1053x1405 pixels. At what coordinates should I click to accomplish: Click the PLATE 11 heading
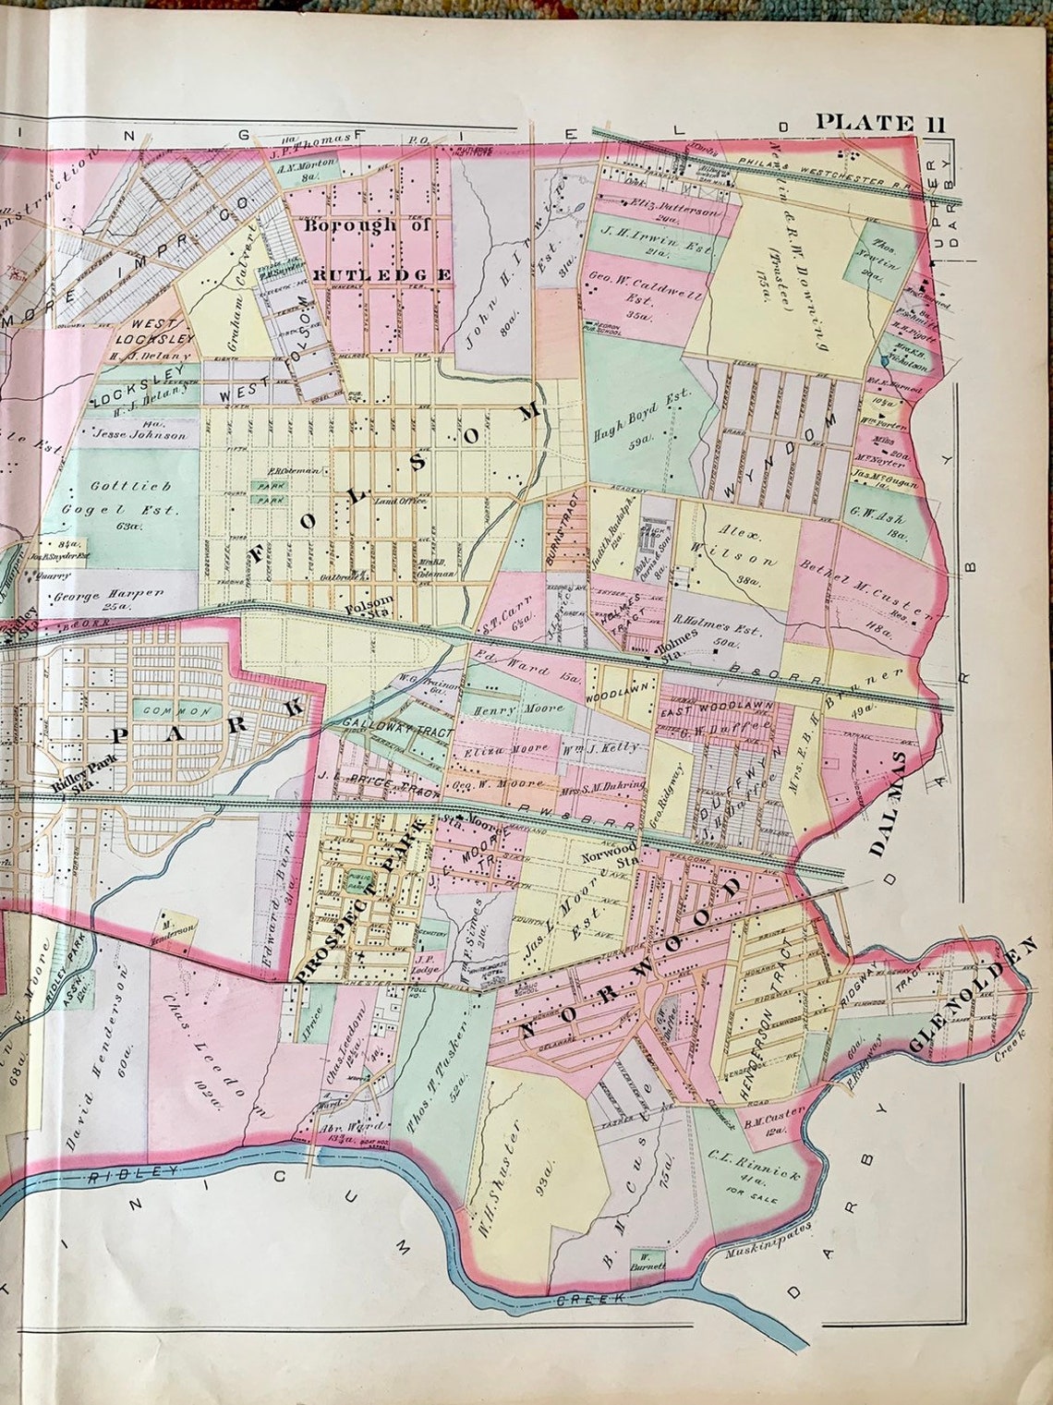pos(878,123)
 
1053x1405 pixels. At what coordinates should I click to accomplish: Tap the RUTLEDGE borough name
pos(382,274)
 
